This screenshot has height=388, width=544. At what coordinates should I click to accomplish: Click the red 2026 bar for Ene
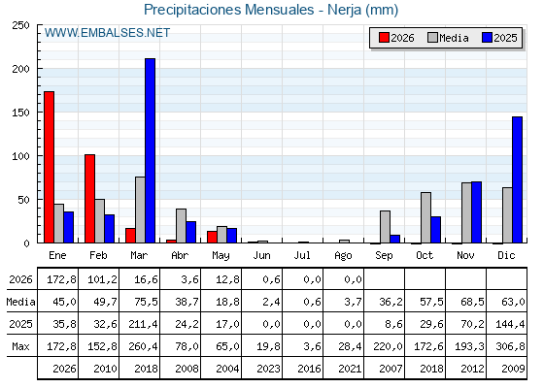tap(49, 167)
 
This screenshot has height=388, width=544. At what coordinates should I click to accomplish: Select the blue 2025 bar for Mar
tap(150, 150)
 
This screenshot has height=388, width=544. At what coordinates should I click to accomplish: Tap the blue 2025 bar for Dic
tap(517, 179)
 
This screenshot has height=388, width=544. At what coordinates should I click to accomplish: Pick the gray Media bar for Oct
tap(425, 217)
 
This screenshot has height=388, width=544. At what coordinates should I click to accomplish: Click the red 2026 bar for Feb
tap(89, 199)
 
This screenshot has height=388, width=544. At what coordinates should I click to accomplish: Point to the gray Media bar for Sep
tap(385, 227)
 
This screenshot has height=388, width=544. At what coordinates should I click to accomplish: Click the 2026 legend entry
tap(396, 38)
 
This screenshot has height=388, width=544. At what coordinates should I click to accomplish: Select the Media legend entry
tap(448, 38)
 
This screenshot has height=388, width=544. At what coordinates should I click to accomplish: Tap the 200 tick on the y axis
tap(20, 69)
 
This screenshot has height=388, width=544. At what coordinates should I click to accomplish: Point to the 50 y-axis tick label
tap(24, 200)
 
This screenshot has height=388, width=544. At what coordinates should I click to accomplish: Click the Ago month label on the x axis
tap(343, 256)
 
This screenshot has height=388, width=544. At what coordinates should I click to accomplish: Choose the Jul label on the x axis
tap(302, 255)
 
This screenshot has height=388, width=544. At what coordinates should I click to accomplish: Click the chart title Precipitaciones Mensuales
tap(228, 10)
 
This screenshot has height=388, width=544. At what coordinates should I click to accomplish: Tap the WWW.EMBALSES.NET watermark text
tap(107, 33)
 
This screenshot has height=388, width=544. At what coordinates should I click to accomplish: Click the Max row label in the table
tap(20, 346)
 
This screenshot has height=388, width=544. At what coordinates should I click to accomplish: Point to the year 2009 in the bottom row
tap(513, 369)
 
